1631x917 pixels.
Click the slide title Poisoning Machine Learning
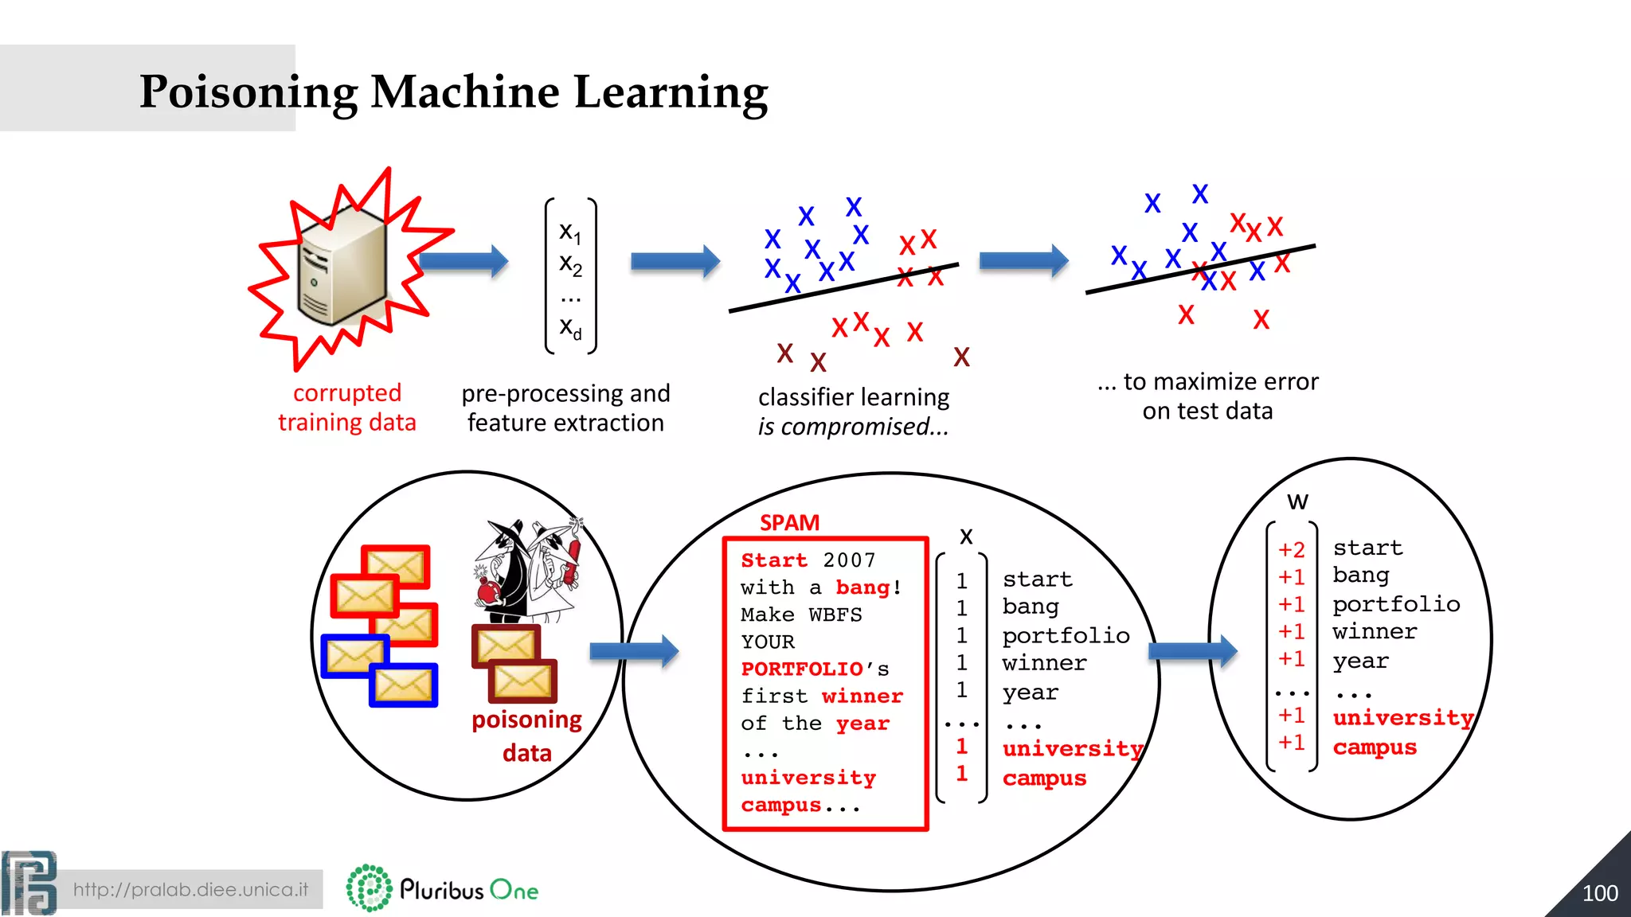[x=453, y=92]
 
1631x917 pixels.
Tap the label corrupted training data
[x=346, y=408]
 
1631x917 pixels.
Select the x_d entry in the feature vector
[x=570, y=327]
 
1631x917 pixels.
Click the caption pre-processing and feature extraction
[x=565, y=408]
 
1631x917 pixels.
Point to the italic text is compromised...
[x=852, y=427]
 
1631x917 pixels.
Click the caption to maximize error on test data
[x=1207, y=396]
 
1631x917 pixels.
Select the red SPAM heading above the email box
[x=789, y=523]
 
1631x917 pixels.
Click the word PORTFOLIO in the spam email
[x=802, y=669]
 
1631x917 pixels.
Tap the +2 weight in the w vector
[x=1291, y=549]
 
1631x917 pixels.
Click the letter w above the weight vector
[x=1297, y=501]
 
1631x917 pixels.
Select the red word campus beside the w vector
[x=1375, y=747]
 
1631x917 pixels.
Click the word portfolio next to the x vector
[x=1066, y=635]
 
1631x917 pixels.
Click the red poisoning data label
[x=526, y=736]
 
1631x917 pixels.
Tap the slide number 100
[x=1599, y=893]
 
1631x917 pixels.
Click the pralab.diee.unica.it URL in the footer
[x=190, y=889]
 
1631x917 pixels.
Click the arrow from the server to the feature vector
[x=463, y=261]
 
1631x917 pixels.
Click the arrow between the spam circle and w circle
[x=1192, y=651]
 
